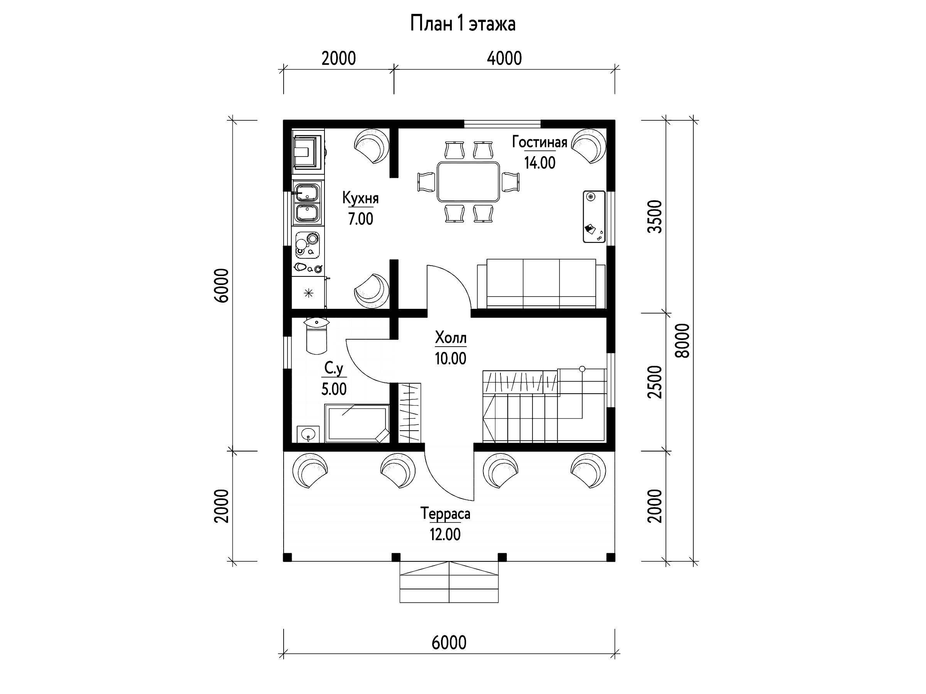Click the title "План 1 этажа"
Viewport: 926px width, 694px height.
pyautogui.click(x=463, y=24)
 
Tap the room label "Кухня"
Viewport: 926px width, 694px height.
pyautogui.click(x=360, y=198)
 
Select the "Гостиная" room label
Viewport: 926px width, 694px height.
pyautogui.click(x=540, y=142)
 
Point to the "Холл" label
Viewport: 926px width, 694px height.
pyautogui.click(x=450, y=338)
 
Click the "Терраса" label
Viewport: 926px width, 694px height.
pyautogui.click(x=445, y=514)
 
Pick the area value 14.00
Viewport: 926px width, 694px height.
pyautogui.click(x=540, y=163)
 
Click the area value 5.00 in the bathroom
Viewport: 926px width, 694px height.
pyautogui.click(x=334, y=389)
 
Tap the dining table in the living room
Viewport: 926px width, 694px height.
pyautogui.click(x=468, y=182)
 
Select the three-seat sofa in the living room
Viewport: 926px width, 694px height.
pyautogui.click(x=541, y=284)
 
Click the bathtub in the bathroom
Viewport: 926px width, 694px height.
pyautogui.click(x=357, y=423)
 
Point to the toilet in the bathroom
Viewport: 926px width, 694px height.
pyautogui.click(x=316, y=335)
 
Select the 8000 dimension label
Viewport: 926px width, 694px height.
pyautogui.click(x=683, y=340)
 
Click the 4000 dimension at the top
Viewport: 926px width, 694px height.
pyautogui.click(x=504, y=59)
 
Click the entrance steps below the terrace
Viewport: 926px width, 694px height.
pyautogui.click(x=449, y=582)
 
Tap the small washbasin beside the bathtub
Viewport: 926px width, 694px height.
pyautogui.click(x=308, y=434)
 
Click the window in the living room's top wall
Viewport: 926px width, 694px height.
pyautogui.click(x=502, y=124)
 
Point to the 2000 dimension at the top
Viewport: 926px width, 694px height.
pyautogui.click(x=339, y=59)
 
